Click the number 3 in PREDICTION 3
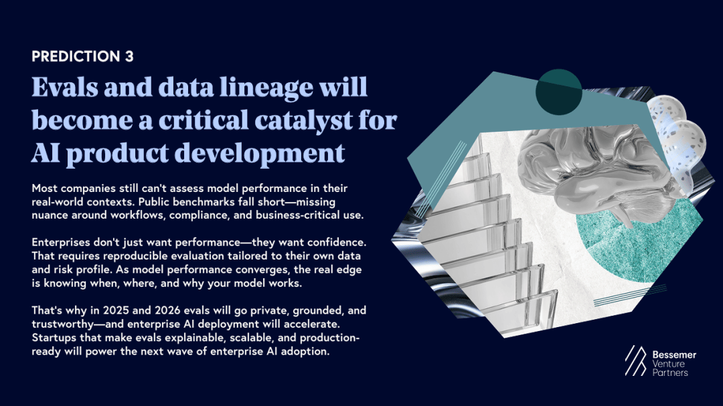pos(129,56)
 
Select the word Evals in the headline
pos(64,87)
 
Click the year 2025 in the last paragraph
pos(115,310)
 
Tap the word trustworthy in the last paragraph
pos(62,324)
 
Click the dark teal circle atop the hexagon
pos(558,92)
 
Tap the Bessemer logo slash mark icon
pos(635,361)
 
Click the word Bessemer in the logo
pos(674,355)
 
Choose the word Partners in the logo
pos(670,373)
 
